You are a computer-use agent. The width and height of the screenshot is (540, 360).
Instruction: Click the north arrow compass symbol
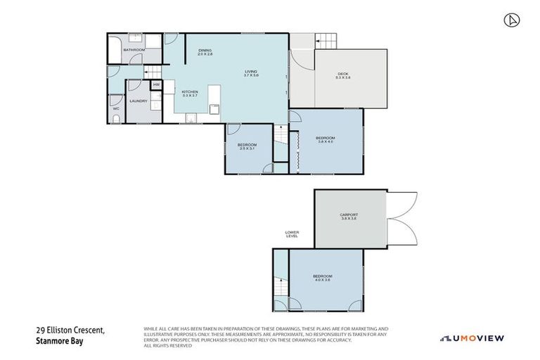[511, 20]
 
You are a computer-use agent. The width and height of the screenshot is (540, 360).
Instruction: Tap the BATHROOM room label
[134, 50]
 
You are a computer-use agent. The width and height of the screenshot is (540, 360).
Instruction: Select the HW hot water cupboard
[156, 86]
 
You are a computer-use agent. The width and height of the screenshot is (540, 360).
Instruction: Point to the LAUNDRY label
[138, 101]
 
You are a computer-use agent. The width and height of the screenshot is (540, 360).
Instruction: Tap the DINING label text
[205, 50]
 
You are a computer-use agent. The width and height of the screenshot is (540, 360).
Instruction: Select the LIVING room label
[251, 72]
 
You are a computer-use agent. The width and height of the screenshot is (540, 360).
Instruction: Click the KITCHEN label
[190, 92]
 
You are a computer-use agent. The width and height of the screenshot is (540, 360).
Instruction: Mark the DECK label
[343, 73]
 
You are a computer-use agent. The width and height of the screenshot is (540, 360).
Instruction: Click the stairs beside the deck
[326, 41]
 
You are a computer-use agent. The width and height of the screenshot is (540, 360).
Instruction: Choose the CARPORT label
[349, 214]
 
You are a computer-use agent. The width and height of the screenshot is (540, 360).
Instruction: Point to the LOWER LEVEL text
[292, 234]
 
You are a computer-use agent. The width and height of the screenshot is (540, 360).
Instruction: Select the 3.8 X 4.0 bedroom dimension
[324, 141]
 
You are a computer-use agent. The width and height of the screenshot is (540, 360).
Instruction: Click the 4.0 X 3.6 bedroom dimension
[323, 280]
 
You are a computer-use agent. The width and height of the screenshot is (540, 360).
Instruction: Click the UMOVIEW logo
[472, 338]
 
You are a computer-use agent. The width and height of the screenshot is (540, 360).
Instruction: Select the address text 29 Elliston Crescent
[70, 329]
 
